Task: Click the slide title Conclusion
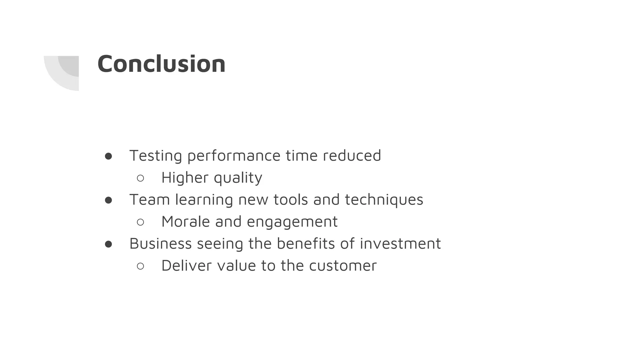[x=161, y=64]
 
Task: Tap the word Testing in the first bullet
[x=156, y=156]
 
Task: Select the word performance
[x=234, y=156]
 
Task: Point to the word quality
[x=238, y=178]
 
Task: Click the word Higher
[x=185, y=177]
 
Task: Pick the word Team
[x=149, y=199]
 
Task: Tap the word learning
[x=204, y=200]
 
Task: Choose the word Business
[x=160, y=243]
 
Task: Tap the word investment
[x=400, y=243]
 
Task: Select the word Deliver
[x=187, y=266]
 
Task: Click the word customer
[x=343, y=266]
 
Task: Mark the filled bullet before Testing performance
[x=108, y=156]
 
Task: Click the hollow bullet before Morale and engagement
[x=140, y=222]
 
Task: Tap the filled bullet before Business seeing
[x=108, y=244]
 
